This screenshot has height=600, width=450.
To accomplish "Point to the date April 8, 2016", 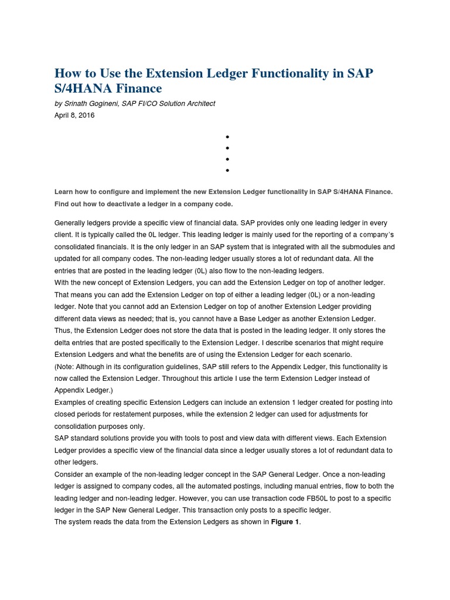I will pos(74,115).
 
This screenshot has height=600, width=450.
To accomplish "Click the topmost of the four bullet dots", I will pos(227,137).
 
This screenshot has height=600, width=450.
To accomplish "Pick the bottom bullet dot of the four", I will pos(227,171).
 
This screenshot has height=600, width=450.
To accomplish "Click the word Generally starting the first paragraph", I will pos(72,223).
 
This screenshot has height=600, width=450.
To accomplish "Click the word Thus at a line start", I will pos(63,331).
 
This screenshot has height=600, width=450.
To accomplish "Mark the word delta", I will pos(63,343).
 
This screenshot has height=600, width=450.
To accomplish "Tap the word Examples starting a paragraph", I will pos(71,403).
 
